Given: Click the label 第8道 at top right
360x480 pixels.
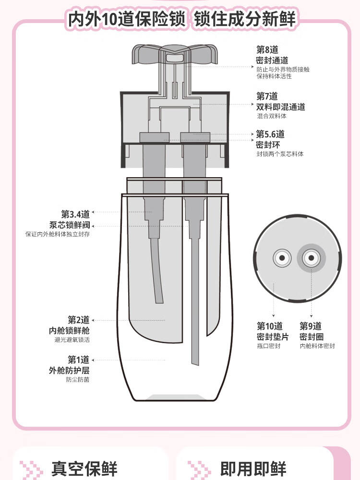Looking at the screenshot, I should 267,49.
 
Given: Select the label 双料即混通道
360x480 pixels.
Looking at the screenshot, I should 281,107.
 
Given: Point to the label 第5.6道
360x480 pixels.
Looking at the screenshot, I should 270,134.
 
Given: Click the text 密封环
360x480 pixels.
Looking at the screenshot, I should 268,144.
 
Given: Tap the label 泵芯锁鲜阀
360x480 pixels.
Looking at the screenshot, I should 69,225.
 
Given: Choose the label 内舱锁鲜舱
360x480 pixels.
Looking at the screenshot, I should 69,331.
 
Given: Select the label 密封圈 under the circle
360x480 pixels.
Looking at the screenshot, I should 312,336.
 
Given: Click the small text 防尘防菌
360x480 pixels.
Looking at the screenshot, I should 78,380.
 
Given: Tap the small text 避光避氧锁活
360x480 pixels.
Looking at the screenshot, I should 72,340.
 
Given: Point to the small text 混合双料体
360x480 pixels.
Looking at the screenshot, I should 271,116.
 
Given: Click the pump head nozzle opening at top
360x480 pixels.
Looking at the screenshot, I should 171,57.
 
